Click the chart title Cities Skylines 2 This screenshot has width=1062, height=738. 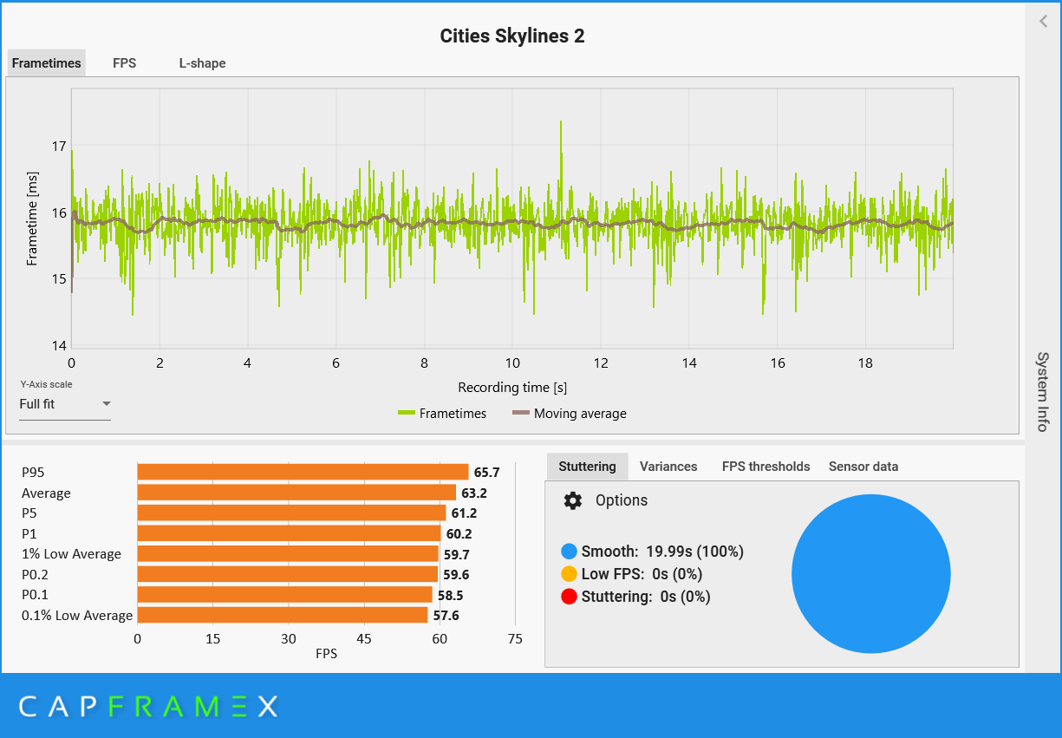point(512,36)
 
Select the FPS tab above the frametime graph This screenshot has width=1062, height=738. point(124,63)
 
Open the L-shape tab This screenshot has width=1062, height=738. point(202,63)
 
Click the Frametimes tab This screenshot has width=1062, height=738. point(47,63)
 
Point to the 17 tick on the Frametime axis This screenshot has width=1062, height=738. point(59,146)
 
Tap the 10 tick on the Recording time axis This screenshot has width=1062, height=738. point(512,363)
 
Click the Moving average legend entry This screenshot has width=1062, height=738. point(569,414)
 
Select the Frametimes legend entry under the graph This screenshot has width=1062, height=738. point(442,414)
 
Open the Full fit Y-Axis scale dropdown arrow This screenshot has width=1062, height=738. point(107,403)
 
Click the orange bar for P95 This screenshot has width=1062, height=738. point(303,472)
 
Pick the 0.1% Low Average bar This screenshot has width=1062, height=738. point(283,615)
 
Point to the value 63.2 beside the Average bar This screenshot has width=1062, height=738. point(474,493)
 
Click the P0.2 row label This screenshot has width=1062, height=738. point(35,575)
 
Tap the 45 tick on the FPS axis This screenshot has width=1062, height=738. point(363,639)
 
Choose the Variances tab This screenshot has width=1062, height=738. point(668,467)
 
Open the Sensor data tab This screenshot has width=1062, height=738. point(863,467)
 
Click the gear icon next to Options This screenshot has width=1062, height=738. point(573,501)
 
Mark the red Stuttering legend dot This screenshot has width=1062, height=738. point(569,597)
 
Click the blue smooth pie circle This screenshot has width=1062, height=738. point(871,574)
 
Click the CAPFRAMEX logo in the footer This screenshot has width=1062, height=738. point(148,707)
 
